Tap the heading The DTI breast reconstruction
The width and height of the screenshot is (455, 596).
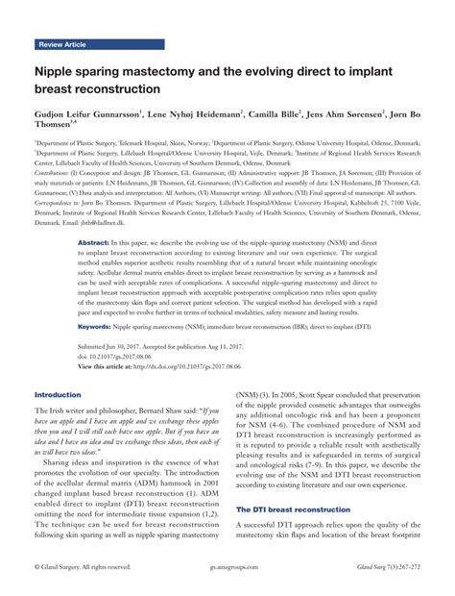292,509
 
